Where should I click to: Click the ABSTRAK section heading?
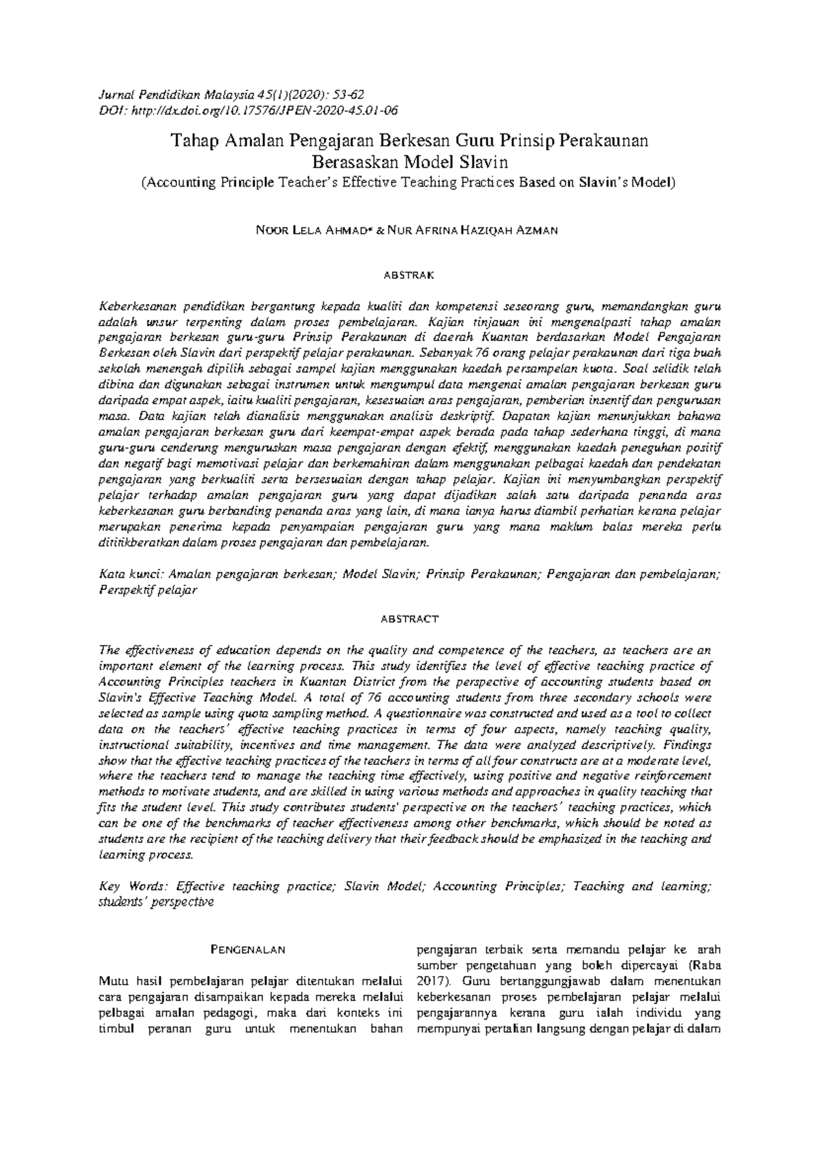coord(408,276)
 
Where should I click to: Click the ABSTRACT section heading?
coord(408,619)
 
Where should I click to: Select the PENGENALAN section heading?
coord(246,949)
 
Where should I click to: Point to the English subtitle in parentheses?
coord(408,183)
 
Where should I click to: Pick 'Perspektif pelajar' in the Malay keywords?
coord(148,590)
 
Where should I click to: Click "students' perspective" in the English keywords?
coord(156,902)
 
